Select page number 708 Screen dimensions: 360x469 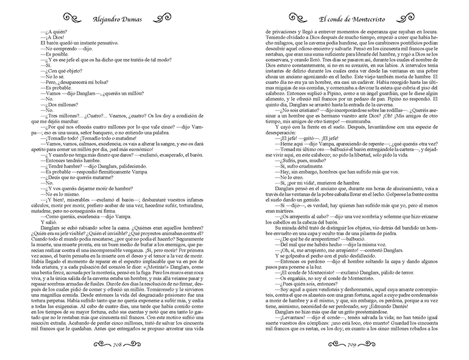point(124,346)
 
